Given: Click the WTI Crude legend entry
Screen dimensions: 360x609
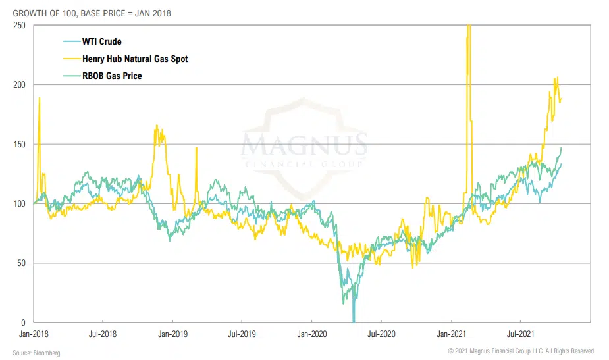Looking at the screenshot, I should pyautogui.click(x=101, y=42).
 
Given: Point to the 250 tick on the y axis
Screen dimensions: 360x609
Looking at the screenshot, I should pyautogui.click(x=20, y=25).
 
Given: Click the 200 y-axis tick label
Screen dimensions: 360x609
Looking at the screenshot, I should pyautogui.click(x=20, y=85).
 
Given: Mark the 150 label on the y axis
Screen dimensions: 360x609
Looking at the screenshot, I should pyautogui.click(x=20, y=144).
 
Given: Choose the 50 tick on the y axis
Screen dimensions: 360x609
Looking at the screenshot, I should pyautogui.click(x=22, y=263).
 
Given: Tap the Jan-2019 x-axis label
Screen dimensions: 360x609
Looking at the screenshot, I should pyautogui.click(x=172, y=334).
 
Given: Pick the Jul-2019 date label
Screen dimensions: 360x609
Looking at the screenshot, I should pyautogui.click(x=242, y=334).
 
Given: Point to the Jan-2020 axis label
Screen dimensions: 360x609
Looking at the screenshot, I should pyautogui.click(x=312, y=334).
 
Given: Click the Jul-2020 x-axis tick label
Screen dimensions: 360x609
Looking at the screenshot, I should pyautogui.click(x=382, y=334).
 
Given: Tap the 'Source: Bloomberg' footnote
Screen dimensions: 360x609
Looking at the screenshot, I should pyautogui.click(x=36, y=353).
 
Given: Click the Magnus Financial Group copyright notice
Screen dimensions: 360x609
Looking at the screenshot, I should pyautogui.click(x=521, y=351).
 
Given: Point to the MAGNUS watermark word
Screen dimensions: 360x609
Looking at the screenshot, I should pyautogui.click(x=304, y=144).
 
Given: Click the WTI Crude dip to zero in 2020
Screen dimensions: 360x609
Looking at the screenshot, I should pyautogui.click(x=354, y=320).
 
